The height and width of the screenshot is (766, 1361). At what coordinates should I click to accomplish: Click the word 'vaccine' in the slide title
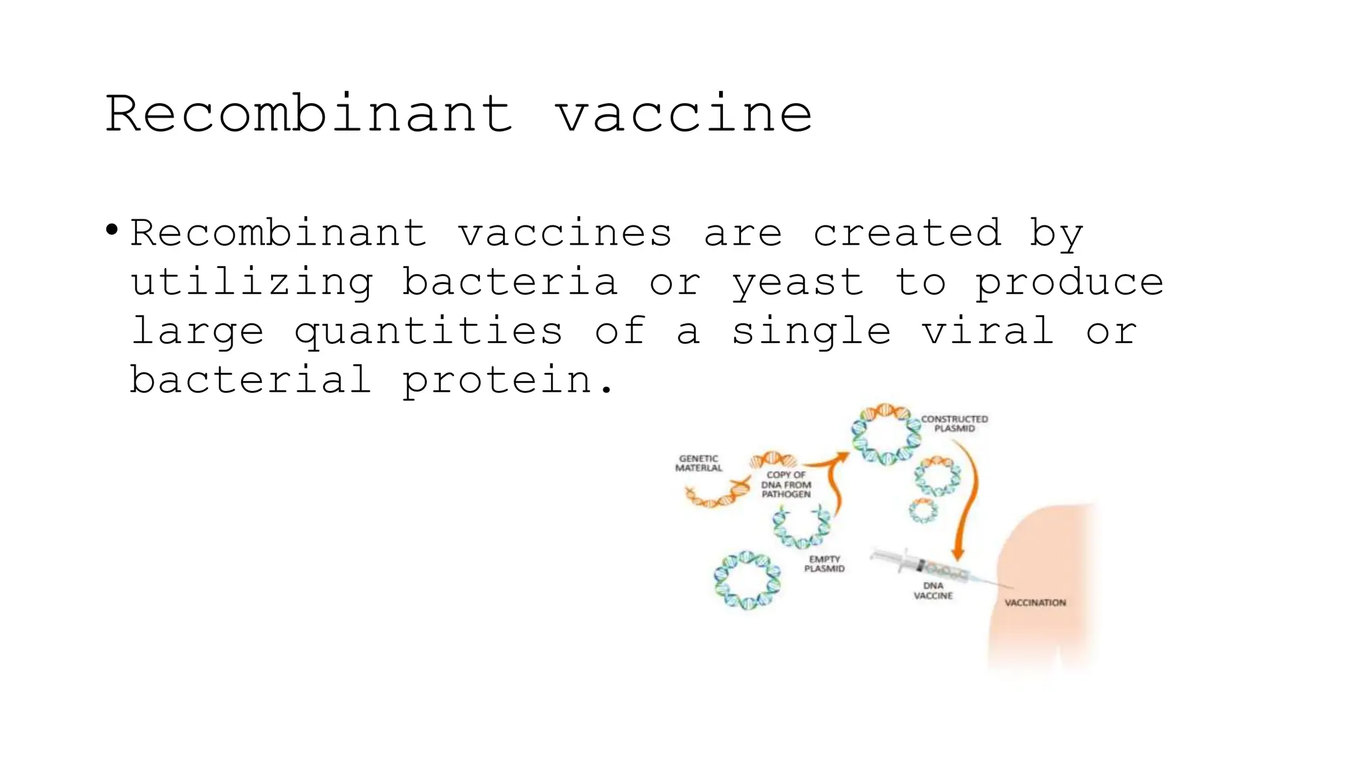[683, 114]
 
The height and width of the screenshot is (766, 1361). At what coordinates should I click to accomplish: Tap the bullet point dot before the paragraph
[112, 231]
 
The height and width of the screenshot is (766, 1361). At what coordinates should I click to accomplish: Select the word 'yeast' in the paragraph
[798, 282]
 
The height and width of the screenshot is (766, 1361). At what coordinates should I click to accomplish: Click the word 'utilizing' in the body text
[252, 282]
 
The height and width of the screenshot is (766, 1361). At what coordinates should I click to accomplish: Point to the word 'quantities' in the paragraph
[429, 331]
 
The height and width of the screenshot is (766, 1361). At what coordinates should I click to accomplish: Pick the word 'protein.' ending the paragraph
[508, 380]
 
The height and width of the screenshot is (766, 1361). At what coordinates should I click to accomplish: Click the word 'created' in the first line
[907, 233]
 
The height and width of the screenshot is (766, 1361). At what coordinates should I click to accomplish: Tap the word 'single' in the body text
[811, 331]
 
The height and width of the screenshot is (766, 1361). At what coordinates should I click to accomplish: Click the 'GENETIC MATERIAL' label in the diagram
[698, 463]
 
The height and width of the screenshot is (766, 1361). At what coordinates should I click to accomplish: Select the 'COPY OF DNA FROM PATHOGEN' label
[786, 484]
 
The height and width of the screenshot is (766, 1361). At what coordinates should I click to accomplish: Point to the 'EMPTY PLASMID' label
[824, 564]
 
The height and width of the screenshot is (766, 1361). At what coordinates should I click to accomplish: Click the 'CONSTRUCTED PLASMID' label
[954, 424]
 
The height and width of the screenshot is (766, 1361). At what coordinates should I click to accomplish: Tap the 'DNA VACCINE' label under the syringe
[933, 590]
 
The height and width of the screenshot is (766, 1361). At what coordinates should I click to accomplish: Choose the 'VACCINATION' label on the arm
[1035, 602]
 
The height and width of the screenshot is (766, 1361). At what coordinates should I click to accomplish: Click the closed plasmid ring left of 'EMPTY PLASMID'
[747, 580]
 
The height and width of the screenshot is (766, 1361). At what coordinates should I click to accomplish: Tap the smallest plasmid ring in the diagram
[924, 511]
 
